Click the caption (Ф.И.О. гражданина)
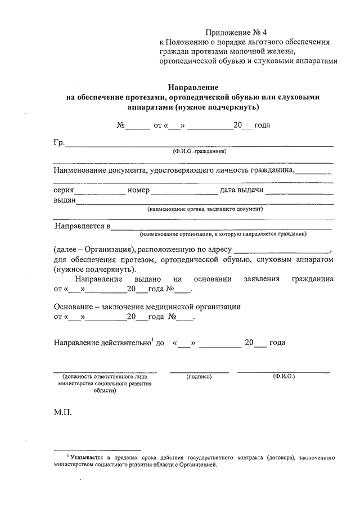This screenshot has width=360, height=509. click(200, 152)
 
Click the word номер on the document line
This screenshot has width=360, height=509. click(138, 190)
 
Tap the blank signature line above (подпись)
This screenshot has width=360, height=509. click(199, 371)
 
